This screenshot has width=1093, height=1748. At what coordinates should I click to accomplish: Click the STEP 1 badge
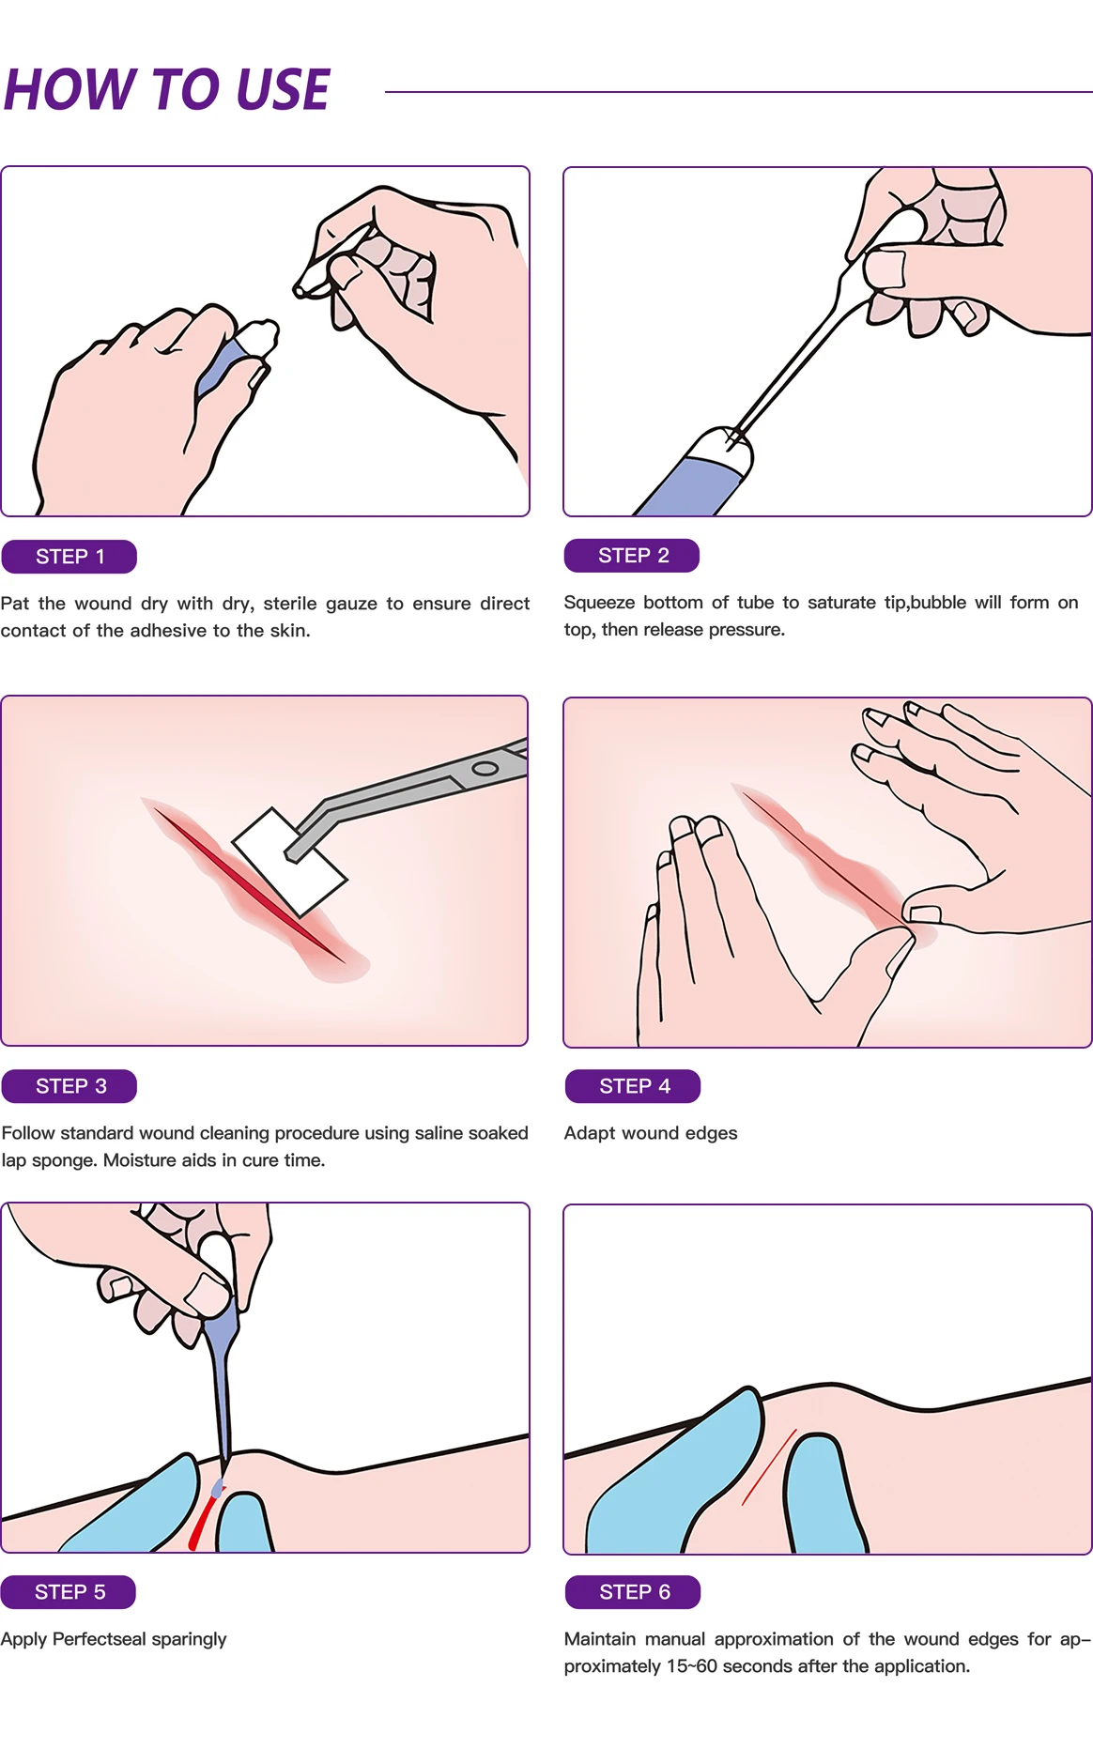[x=69, y=557]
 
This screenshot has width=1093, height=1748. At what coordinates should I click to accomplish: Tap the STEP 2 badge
[x=632, y=556]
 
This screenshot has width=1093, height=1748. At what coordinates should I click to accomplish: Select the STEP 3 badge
[x=69, y=1086]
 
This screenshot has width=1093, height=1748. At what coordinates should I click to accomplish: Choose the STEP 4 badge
[x=633, y=1086]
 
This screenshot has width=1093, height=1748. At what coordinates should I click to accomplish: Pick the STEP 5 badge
[x=69, y=1592]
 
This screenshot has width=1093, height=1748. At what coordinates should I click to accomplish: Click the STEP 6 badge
[x=633, y=1592]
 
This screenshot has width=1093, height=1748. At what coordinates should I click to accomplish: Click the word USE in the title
[x=282, y=90]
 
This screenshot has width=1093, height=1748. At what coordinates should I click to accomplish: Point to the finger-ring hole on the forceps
[x=485, y=769]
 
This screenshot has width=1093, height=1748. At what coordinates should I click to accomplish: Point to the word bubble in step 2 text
[x=938, y=603]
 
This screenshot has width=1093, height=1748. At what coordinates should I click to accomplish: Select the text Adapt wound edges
[x=650, y=1133]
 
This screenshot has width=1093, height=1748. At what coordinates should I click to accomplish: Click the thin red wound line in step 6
[x=770, y=1466]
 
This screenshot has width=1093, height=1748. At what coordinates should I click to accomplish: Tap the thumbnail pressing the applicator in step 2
[x=884, y=268]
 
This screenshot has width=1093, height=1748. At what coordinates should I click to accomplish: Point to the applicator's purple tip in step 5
[x=218, y=1489]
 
